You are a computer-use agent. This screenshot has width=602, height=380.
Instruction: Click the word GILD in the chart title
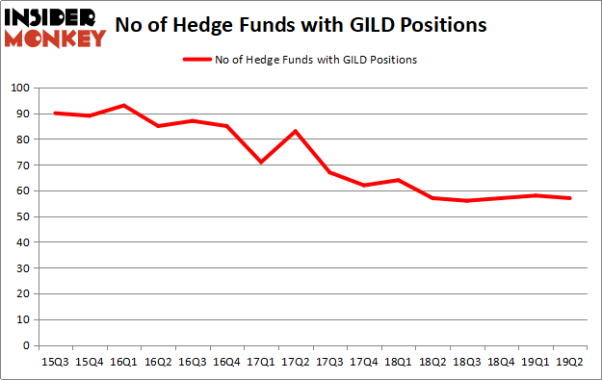pyautogui.click(x=378, y=26)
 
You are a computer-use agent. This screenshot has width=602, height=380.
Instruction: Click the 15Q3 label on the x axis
pyautogui.click(x=55, y=362)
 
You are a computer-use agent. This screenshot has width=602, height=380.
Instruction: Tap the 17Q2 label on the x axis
pyautogui.click(x=294, y=362)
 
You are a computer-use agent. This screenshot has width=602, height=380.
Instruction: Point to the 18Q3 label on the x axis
pyautogui.click(x=464, y=362)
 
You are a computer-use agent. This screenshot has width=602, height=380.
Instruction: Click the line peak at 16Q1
pyautogui.click(x=123, y=105)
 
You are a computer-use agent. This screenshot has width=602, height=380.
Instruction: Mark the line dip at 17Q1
pyautogui.click(x=260, y=162)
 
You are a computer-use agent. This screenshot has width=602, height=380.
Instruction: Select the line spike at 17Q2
pyautogui.click(x=294, y=131)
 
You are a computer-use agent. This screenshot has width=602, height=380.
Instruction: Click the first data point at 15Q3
pyautogui.click(x=55, y=113)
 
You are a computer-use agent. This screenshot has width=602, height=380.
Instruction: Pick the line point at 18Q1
pyautogui.click(x=396, y=180)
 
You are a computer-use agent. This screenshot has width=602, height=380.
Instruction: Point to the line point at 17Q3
pyautogui.click(x=328, y=172)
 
